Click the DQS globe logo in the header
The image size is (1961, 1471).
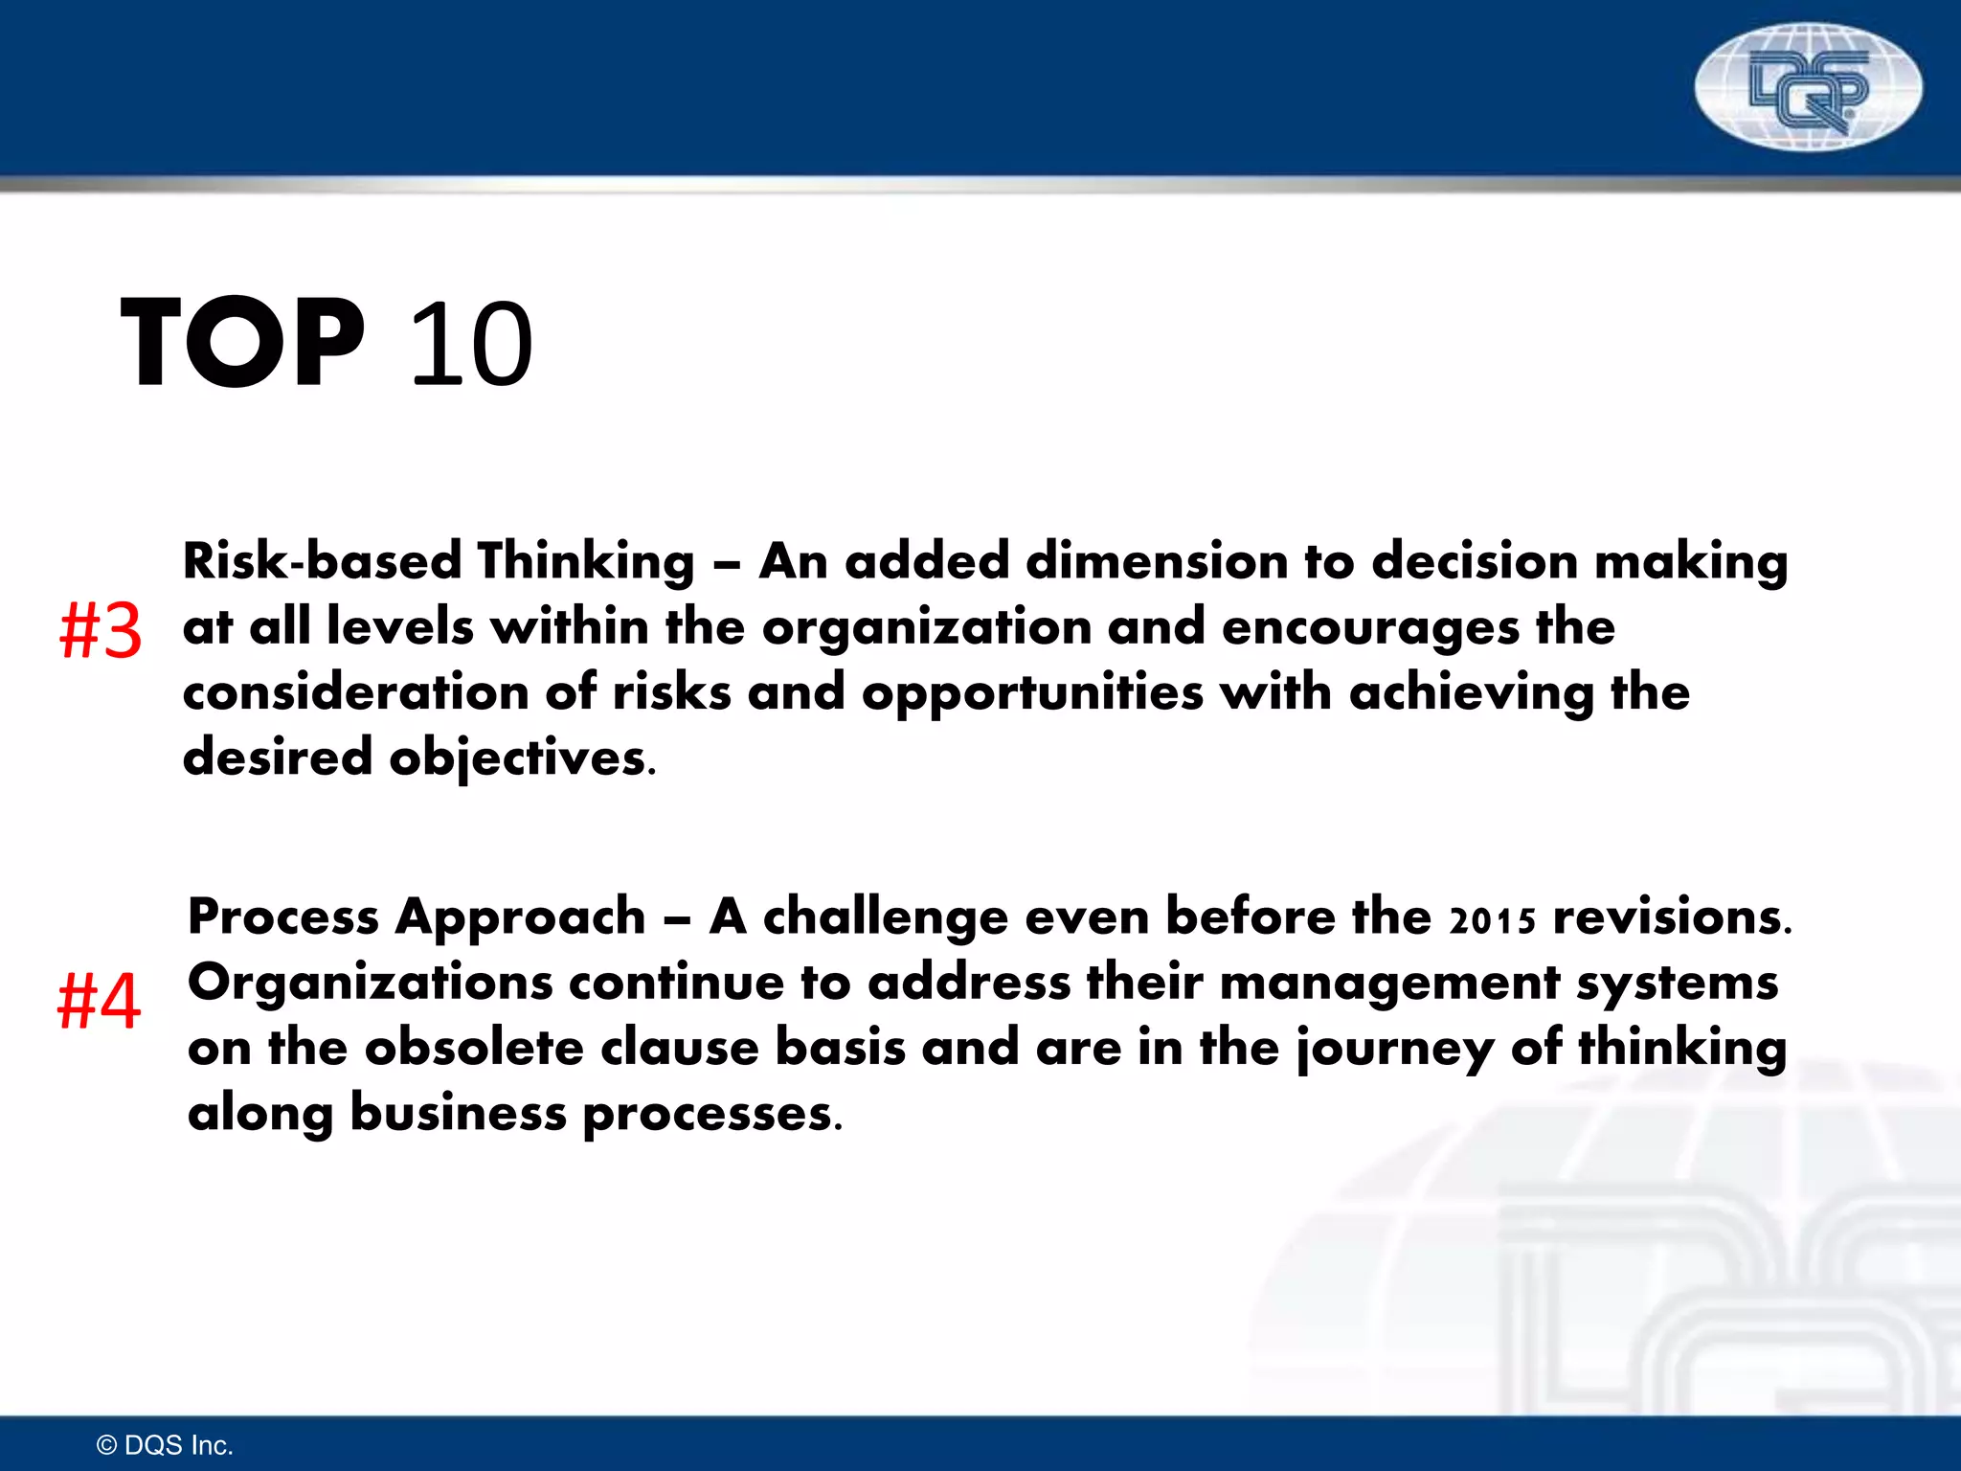pos(1807,87)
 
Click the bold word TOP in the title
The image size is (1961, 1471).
pos(242,343)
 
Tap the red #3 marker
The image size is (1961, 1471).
pos(101,631)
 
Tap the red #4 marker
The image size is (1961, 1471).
pos(99,1001)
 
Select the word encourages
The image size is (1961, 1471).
pos(1370,628)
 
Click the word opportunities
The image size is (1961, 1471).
pos(1031,693)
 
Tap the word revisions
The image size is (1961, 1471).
pos(1671,917)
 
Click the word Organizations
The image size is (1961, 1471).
pos(370,983)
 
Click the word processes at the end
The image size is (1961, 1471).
pos(711,1115)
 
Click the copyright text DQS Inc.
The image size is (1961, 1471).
pos(166,1445)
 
